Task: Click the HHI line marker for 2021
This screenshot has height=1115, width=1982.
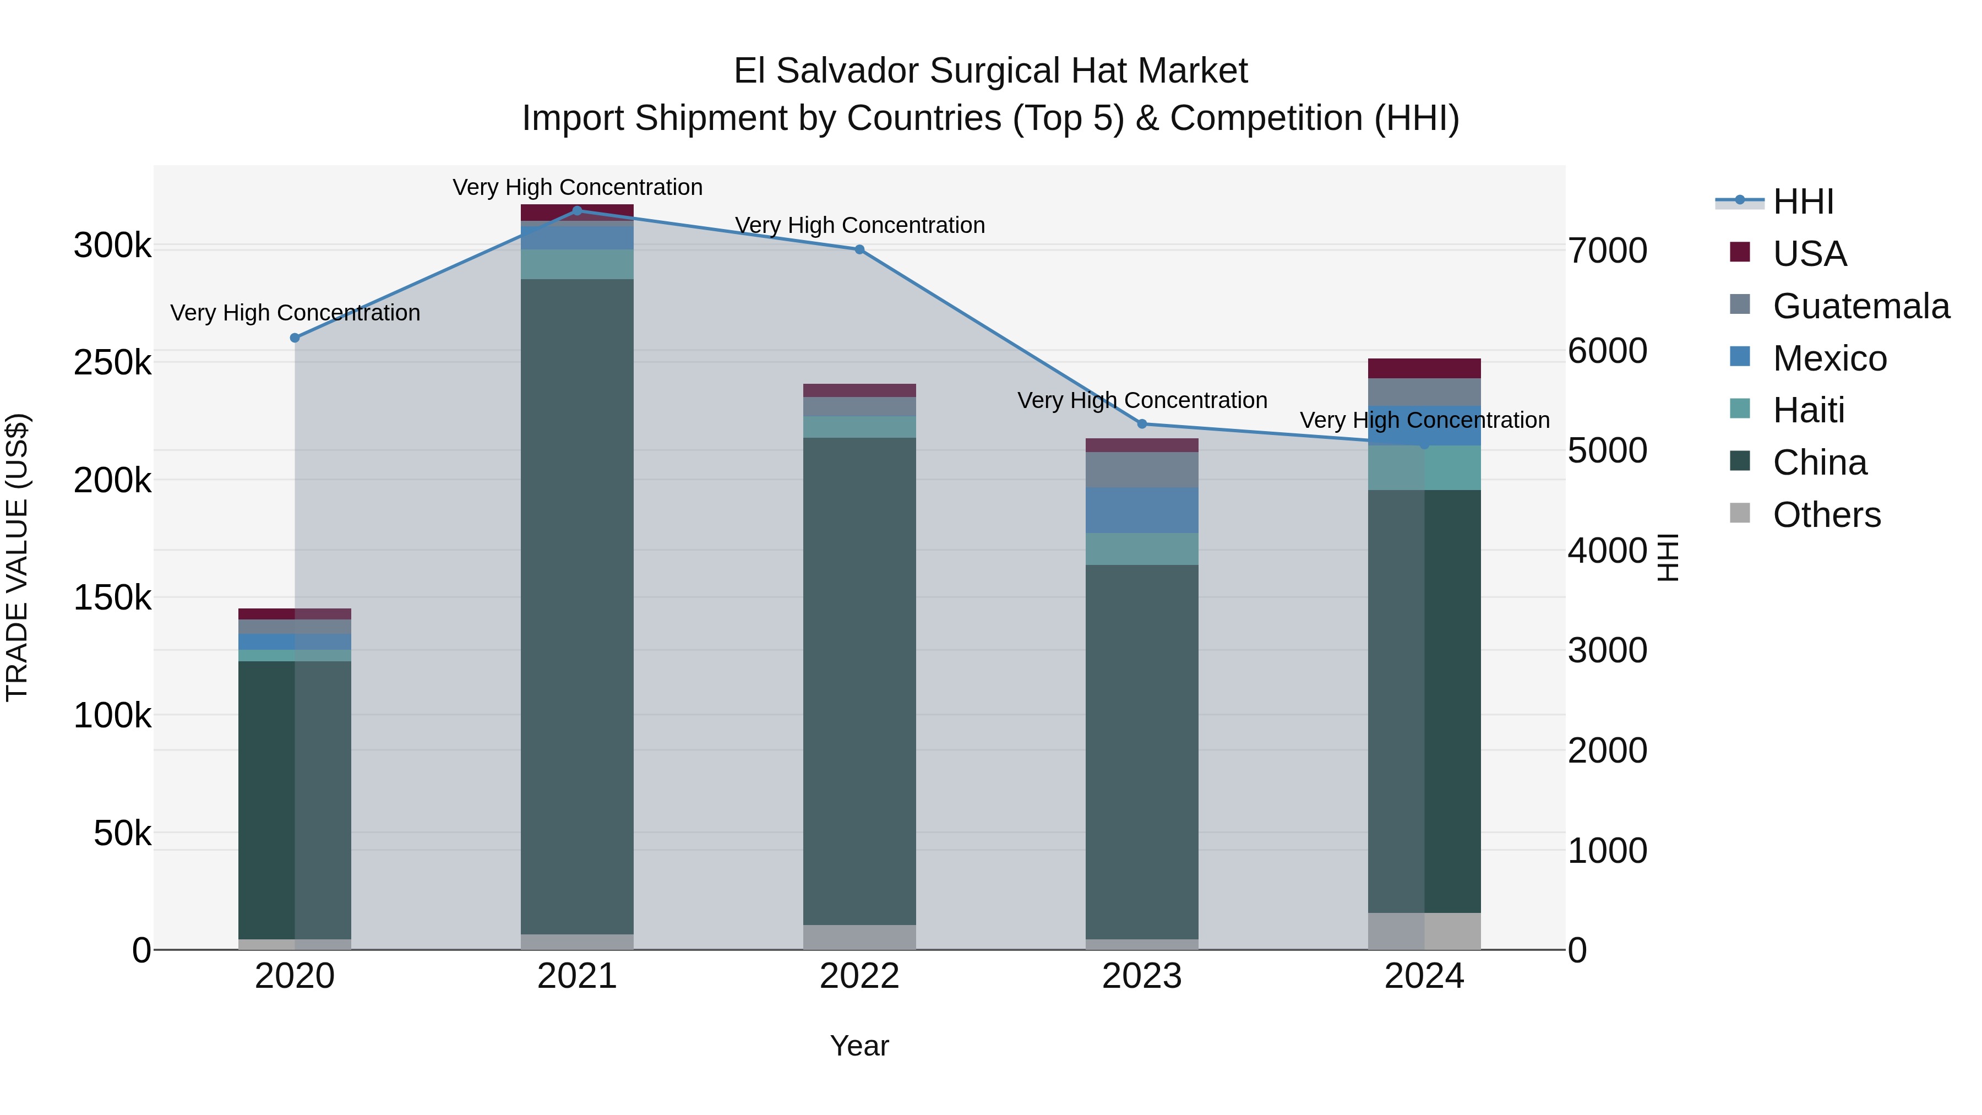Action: (577, 211)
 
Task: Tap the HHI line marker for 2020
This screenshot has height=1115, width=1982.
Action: (295, 338)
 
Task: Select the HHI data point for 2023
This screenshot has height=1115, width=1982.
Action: (1142, 424)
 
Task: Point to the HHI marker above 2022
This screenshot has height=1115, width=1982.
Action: (859, 249)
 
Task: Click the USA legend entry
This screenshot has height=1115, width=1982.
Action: (1810, 254)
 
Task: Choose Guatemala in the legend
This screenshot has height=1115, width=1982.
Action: (1860, 306)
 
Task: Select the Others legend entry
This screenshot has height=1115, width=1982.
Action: (1827, 515)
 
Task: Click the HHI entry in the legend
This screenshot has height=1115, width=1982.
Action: (1803, 202)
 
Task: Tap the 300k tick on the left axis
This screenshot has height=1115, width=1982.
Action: (112, 246)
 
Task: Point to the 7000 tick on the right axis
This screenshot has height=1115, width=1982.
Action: (1607, 251)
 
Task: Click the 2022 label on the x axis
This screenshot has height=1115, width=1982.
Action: (859, 976)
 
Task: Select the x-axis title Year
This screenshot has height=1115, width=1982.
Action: (859, 1046)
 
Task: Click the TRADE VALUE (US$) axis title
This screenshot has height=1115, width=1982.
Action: (17, 557)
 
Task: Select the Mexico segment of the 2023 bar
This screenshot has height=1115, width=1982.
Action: (1142, 510)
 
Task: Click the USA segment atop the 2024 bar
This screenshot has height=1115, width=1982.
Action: (1424, 368)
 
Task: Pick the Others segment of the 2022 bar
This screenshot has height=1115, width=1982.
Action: (859, 937)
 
